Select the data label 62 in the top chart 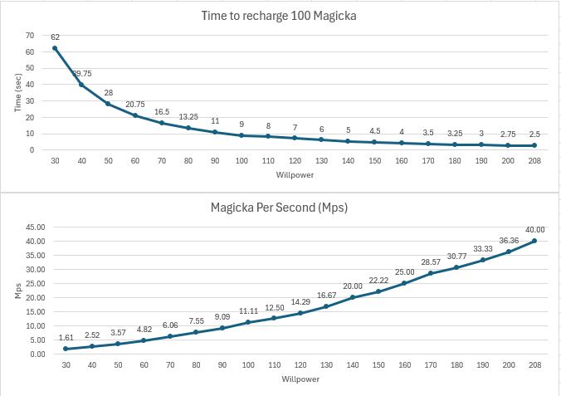coord(55,37)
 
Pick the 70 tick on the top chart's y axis coord(30,35)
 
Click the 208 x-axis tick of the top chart coord(534,161)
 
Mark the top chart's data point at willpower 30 coord(55,48)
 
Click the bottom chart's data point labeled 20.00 coord(352,297)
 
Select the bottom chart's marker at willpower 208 coord(534,242)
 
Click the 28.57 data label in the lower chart coord(430,262)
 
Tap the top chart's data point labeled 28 coord(108,104)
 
